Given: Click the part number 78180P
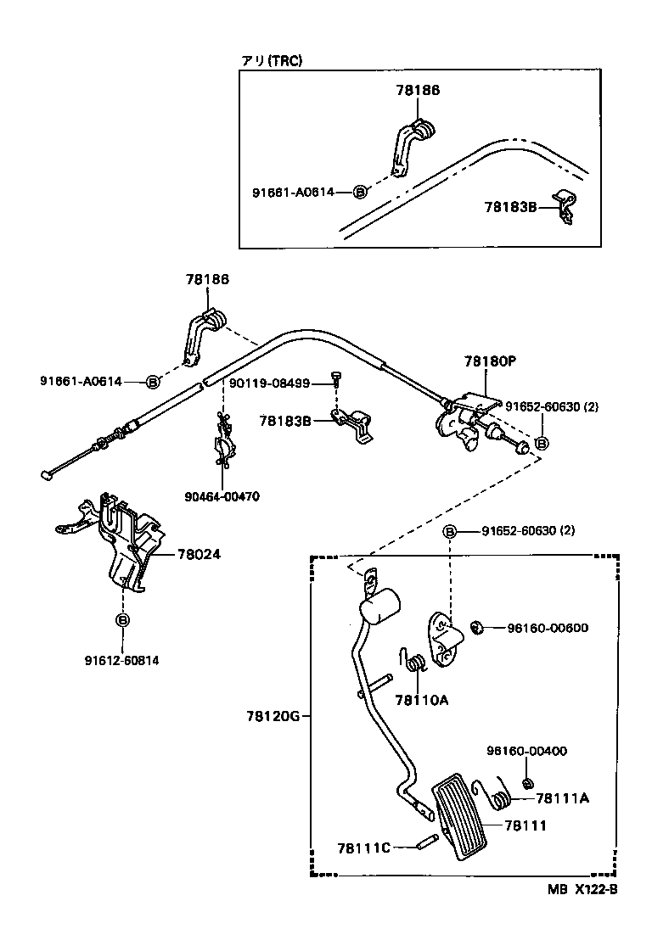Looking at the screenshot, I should [490, 361].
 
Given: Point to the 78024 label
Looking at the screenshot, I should [199, 555].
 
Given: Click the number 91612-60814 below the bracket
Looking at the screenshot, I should [121, 659].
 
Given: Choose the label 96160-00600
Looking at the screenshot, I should [548, 628].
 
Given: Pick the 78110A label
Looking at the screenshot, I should [421, 700].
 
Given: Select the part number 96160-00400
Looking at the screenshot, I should [526, 751].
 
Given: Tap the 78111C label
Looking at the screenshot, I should [363, 848].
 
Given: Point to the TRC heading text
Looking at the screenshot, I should [272, 60].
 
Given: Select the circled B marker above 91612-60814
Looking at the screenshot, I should [122, 620].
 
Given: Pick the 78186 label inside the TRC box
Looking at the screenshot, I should [417, 90].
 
